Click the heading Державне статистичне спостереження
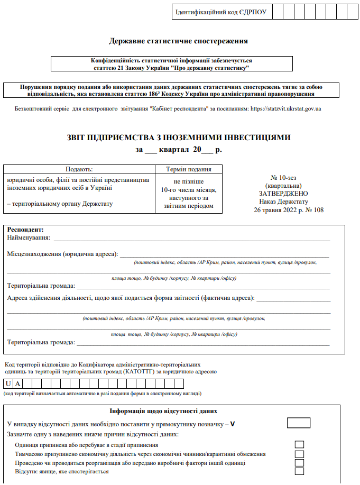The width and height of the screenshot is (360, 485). tap(178, 41)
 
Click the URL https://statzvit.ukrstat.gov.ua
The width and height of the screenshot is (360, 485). tap(285, 109)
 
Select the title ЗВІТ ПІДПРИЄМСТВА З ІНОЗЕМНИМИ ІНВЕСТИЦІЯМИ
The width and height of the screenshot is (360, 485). tap(178, 138)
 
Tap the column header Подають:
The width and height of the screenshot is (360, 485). tap(79, 169)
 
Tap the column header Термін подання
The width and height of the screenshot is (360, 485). tap(189, 169)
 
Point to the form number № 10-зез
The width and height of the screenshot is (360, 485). tap(285, 178)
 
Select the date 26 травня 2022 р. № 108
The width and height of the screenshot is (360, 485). tap(289, 210)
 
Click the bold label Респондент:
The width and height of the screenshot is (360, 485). tap(25, 230)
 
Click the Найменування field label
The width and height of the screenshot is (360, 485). tap(29, 238)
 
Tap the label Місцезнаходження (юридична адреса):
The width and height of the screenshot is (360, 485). tap(62, 254)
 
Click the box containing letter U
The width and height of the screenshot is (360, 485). tap(9, 384)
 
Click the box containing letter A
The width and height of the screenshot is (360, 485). tap(18, 384)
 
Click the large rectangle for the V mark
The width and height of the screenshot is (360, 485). tap(299, 423)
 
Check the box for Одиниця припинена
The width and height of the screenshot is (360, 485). tap(300, 445)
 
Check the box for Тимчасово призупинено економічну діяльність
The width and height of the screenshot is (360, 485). tap(300, 454)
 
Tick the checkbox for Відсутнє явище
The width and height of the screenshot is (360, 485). tap(300, 471)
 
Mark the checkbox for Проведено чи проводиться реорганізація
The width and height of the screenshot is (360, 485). tap(300, 463)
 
